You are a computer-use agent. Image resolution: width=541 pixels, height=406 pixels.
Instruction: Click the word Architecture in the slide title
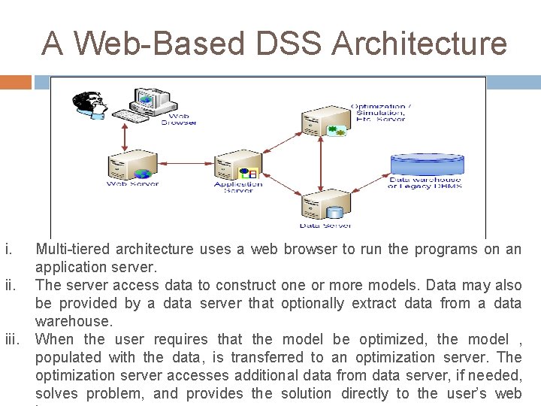pyautogui.click(x=419, y=44)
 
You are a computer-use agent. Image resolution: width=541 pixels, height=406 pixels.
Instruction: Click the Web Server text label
pyautogui.click(x=133, y=183)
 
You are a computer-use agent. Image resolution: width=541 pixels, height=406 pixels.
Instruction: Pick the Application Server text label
pyautogui.click(x=238, y=186)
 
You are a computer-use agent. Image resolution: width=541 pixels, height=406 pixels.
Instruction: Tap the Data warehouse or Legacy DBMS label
pyautogui.click(x=425, y=183)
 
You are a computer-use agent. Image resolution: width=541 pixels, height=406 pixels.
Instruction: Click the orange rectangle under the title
pyautogui.click(x=16, y=81)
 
